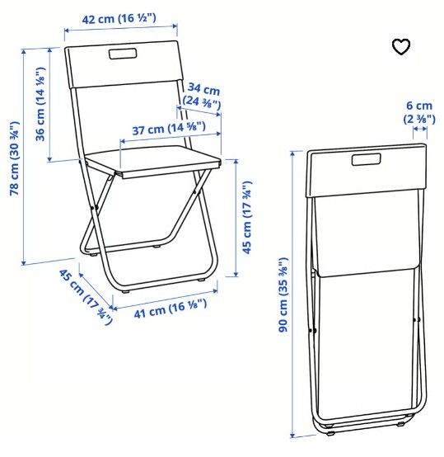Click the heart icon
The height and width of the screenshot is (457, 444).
(401, 47)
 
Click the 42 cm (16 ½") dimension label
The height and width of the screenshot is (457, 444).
(119, 19)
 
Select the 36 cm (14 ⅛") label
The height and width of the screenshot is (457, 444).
(40, 104)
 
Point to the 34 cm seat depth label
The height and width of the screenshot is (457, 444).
(202, 96)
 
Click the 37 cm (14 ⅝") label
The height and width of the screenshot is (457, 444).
(169, 129)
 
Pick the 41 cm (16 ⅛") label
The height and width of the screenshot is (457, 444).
(171, 309)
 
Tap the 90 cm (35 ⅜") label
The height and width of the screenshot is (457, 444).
(283, 294)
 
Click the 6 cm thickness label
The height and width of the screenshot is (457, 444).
(419, 112)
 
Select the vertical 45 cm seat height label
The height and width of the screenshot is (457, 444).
(246, 218)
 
